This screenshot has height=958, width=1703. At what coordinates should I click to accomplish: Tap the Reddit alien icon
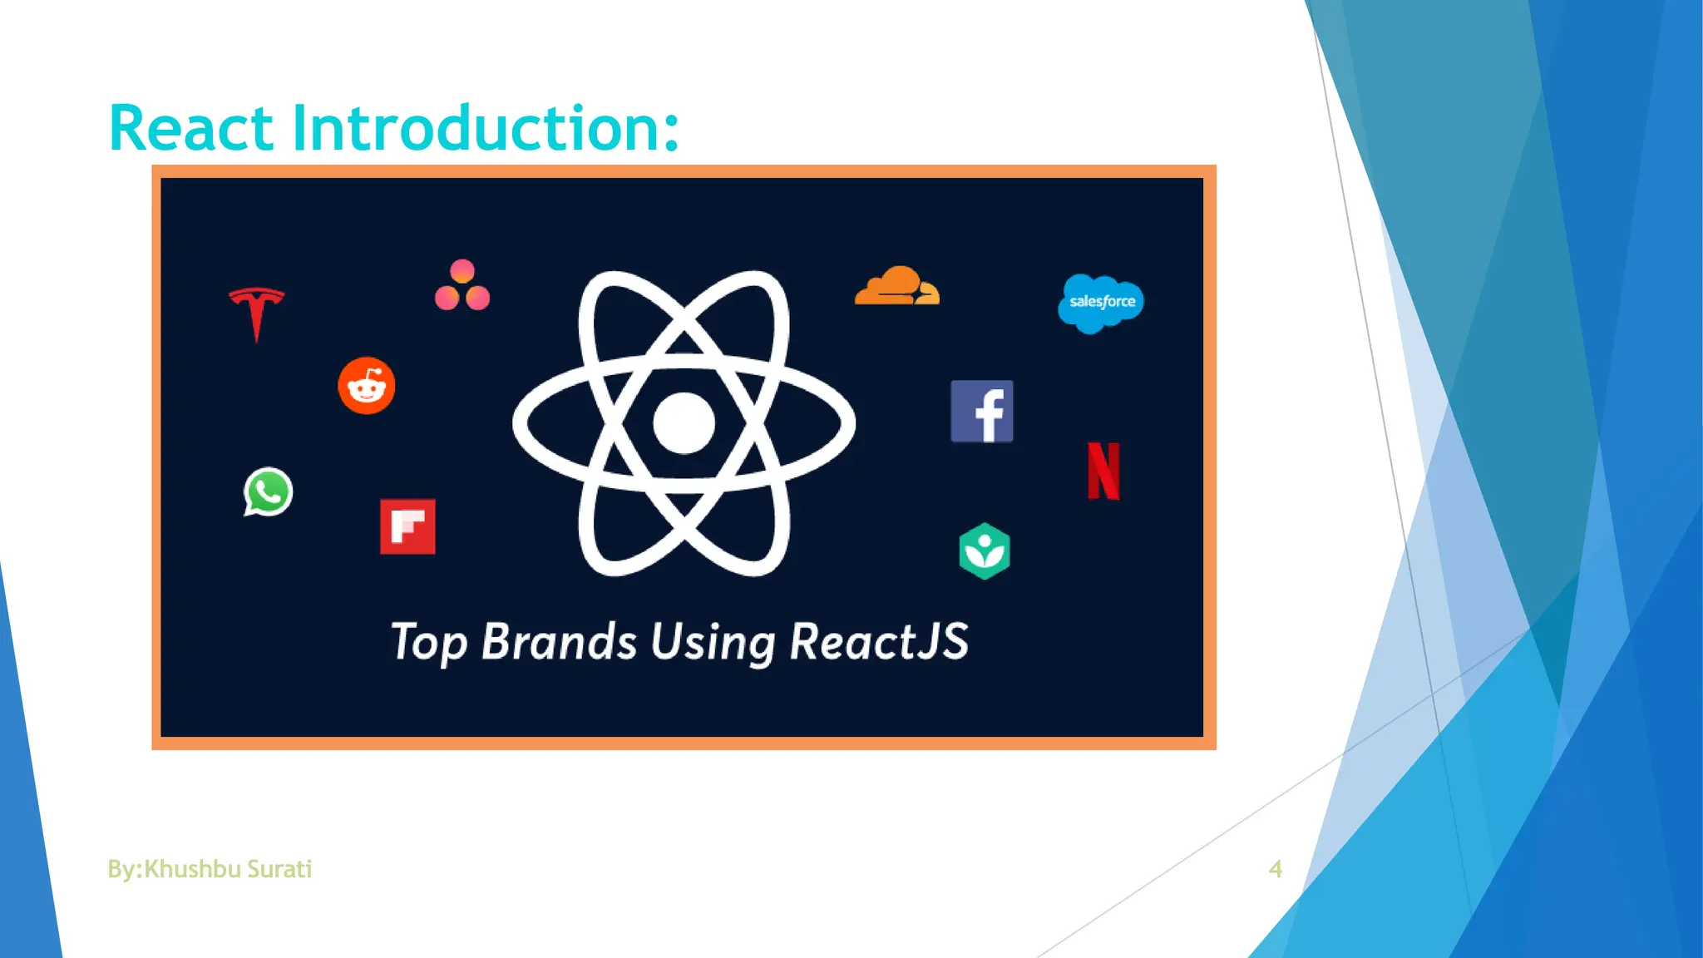click(367, 385)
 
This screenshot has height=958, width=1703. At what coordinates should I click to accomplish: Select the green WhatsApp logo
click(268, 491)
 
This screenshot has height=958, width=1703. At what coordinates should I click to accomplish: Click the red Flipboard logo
click(407, 526)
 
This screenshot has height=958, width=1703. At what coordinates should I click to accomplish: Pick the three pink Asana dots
click(462, 285)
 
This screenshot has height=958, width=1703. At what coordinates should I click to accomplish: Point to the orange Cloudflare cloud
click(897, 287)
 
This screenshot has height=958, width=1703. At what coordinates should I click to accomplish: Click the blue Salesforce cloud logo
click(1101, 303)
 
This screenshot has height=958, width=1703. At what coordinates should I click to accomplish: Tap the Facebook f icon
click(982, 412)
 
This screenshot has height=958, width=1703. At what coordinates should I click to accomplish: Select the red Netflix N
click(1103, 471)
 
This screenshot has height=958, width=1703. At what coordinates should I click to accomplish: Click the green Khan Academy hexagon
click(985, 551)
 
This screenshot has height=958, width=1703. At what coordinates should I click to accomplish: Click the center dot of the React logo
click(684, 423)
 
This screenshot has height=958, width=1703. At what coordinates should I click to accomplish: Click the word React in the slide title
click(191, 129)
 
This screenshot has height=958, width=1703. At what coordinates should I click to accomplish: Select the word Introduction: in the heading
click(486, 129)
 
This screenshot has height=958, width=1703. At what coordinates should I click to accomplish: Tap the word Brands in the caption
click(559, 642)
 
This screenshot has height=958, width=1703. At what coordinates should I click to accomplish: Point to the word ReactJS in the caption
click(879, 642)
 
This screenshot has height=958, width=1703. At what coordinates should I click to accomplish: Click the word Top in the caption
click(428, 642)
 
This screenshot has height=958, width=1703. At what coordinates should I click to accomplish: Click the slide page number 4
click(1276, 869)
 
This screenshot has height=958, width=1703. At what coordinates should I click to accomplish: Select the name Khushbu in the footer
click(192, 869)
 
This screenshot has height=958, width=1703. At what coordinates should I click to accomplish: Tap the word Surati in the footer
click(279, 869)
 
